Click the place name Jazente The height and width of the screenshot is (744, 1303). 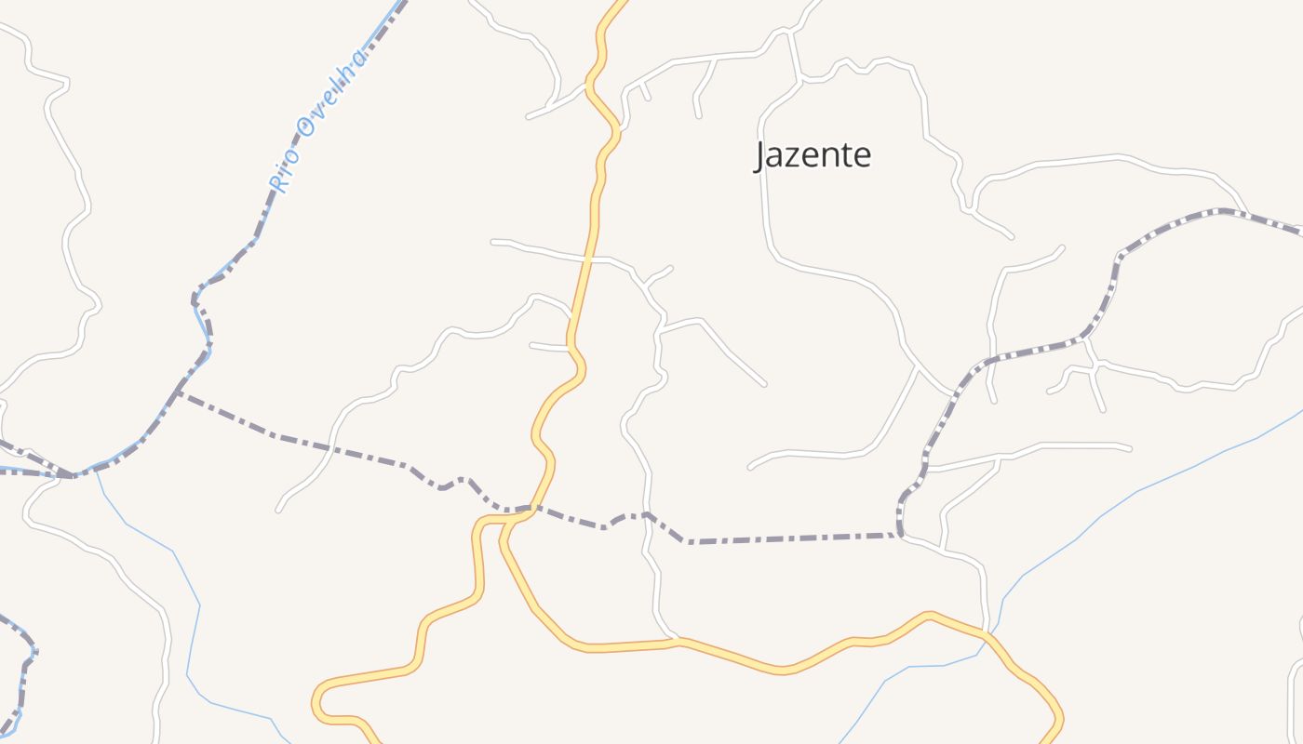813,154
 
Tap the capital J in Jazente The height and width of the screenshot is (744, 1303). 760,156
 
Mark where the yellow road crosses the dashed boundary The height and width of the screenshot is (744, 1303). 531,508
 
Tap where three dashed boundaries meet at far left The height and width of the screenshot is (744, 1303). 71,475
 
